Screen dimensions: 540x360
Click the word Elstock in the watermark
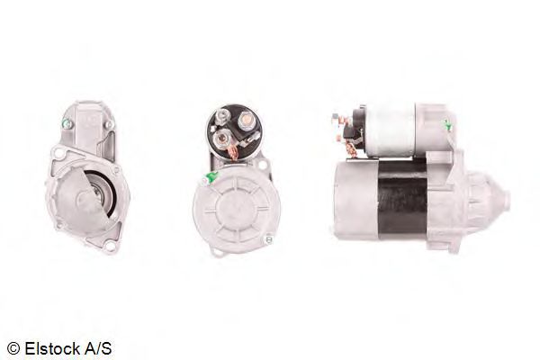[x=51, y=348]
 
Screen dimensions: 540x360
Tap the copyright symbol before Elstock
[x=13, y=348]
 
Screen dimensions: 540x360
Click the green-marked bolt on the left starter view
[x=67, y=124]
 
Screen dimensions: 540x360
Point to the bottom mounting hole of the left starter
[x=110, y=246]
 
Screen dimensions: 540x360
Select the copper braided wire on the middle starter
[x=232, y=152]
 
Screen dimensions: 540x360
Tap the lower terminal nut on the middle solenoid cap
[x=221, y=139]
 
